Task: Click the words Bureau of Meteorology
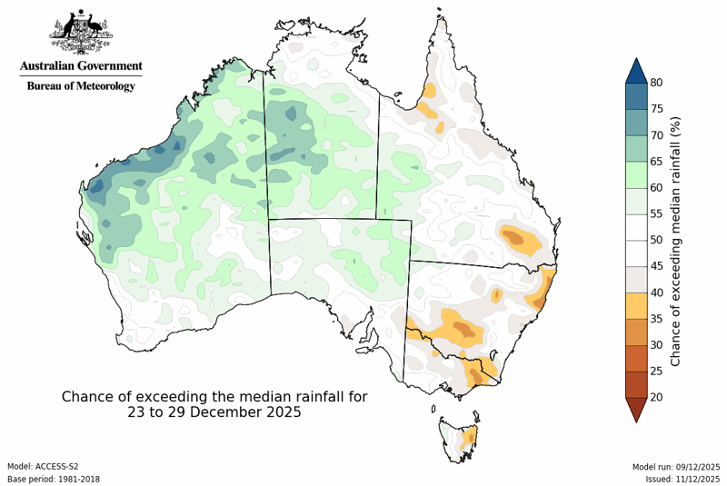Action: (x=81, y=86)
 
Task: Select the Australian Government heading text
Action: (x=81, y=66)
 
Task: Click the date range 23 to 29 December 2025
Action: (x=214, y=412)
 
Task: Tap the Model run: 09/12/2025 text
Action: (x=676, y=466)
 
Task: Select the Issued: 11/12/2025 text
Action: (x=683, y=478)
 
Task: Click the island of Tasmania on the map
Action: (x=459, y=436)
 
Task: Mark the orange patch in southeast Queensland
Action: (x=520, y=238)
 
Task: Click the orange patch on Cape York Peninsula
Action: (x=429, y=92)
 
